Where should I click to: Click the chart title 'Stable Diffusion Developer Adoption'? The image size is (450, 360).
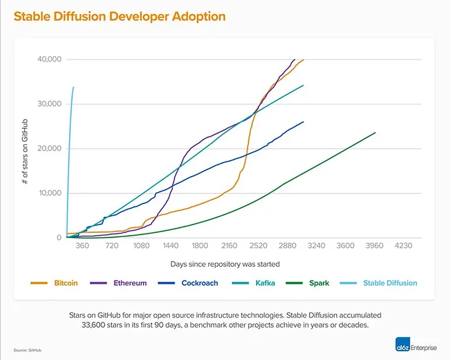(120, 16)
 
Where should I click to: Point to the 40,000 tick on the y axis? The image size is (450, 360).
(49, 60)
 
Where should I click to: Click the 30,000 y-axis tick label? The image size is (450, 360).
(49, 104)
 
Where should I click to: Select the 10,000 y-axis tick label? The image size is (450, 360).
(49, 193)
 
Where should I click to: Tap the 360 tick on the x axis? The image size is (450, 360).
(83, 246)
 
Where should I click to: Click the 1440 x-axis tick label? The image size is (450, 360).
(171, 246)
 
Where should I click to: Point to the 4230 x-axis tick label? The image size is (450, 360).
(404, 246)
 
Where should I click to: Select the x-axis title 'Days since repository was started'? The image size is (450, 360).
(225, 264)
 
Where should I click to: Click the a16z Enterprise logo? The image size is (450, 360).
(415, 347)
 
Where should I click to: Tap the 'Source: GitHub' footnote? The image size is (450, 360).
(26, 350)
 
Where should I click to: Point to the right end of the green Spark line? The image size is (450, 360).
(375, 133)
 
